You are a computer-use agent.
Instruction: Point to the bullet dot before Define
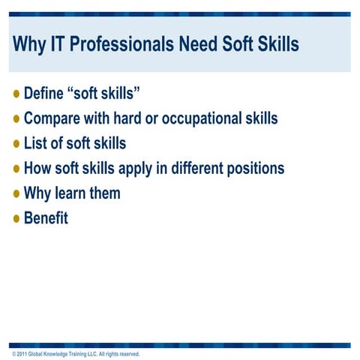coord(17,94)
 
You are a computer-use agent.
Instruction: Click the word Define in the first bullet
coord(46,94)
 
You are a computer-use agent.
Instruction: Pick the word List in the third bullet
coord(36,143)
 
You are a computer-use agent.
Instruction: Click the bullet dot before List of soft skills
coord(17,143)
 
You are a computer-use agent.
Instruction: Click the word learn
coord(73,193)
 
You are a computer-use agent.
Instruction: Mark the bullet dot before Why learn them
coord(17,193)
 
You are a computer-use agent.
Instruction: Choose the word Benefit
coord(46,218)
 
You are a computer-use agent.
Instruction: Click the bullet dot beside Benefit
coord(17,218)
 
